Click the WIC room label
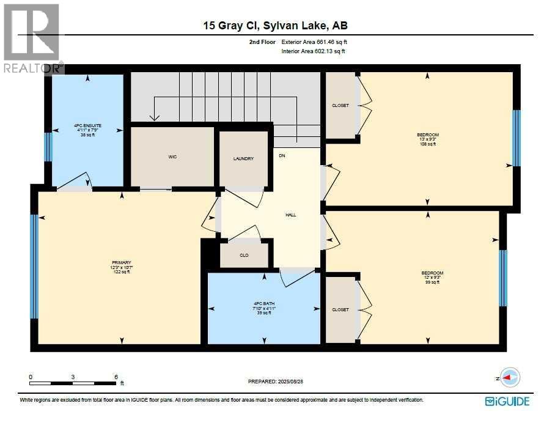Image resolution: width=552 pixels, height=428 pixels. [172, 157]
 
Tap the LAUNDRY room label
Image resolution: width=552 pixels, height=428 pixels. [243, 159]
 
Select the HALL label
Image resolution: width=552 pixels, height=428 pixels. [291, 215]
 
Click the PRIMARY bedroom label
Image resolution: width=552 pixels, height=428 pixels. [122, 263]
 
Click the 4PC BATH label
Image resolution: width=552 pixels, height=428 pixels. [265, 304]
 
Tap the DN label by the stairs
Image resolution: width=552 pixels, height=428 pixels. [282, 156]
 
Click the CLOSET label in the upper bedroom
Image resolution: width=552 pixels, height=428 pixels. [340, 105]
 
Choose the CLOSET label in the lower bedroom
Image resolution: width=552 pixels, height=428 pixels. [340, 309]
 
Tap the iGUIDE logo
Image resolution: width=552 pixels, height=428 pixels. [507, 401]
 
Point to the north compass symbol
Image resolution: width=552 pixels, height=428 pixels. [509, 378]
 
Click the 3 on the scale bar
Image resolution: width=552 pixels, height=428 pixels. [73, 377]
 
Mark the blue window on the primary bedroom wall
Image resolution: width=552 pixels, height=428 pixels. [34, 267]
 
